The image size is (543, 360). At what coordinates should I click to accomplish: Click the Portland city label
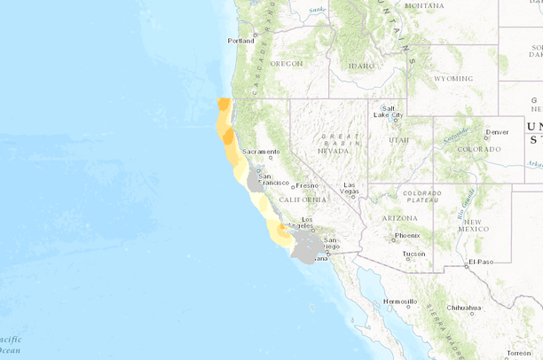(240, 41)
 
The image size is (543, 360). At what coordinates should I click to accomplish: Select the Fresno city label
(307, 185)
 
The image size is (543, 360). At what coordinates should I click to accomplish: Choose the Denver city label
(500, 131)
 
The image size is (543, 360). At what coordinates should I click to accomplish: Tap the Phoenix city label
(407, 235)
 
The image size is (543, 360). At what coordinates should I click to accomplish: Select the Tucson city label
(413, 254)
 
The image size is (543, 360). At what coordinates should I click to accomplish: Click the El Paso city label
(481, 262)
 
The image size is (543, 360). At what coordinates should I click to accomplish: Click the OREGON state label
(287, 64)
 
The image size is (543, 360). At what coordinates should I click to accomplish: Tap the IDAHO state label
(362, 66)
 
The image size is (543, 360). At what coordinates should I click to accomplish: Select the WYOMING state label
(454, 78)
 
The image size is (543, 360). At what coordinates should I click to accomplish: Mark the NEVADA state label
(333, 151)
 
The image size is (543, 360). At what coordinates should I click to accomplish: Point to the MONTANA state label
(424, 5)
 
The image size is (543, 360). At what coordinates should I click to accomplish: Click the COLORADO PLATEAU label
(423, 197)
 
